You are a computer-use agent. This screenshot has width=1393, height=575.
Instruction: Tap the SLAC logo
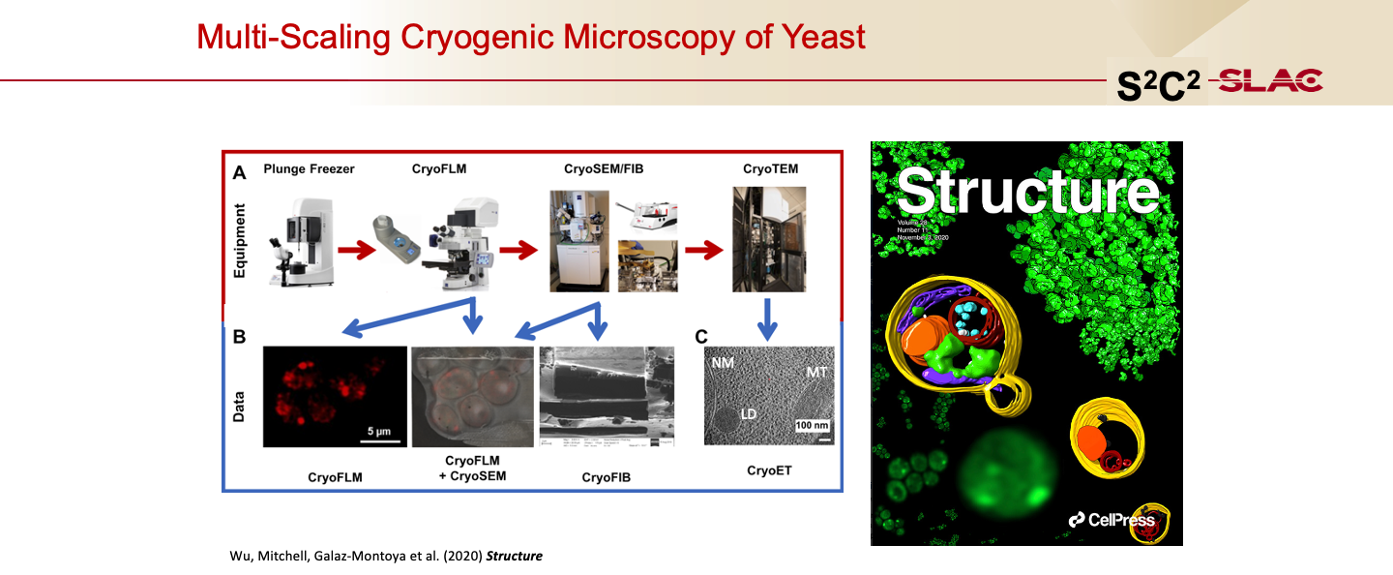tap(1271, 82)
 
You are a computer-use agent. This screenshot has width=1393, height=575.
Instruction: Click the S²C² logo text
tap(1158, 86)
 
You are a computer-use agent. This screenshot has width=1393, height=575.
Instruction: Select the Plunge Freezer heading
tap(309, 169)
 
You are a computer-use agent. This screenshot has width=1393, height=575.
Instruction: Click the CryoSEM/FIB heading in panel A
tap(604, 169)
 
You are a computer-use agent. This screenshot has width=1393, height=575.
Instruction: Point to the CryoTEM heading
tap(770, 169)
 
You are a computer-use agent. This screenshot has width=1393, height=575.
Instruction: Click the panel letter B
tap(239, 338)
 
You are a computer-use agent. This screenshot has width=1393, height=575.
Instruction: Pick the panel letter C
tap(701, 338)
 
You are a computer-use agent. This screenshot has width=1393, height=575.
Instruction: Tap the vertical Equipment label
tap(239, 241)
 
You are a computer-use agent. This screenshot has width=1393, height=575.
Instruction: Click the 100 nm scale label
tap(811, 425)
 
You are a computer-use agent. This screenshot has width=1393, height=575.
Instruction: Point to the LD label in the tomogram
tap(748, 413)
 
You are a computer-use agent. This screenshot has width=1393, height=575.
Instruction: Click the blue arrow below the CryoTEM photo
tap(769, 318)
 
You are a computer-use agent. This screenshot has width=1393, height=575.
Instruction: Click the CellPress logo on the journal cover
tap(1111, 520)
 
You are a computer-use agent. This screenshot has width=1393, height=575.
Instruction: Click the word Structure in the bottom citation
tap(514, 556)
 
